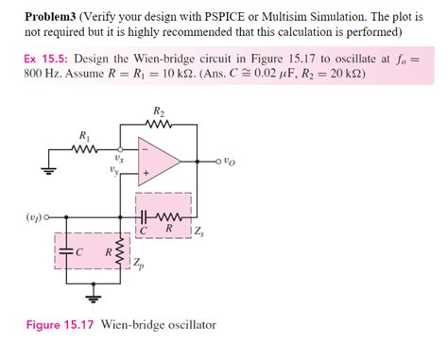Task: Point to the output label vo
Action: [x=225, y=162]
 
